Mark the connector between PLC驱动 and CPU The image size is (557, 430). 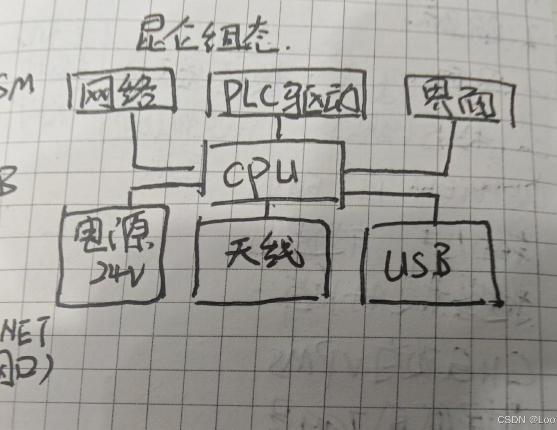278,128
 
